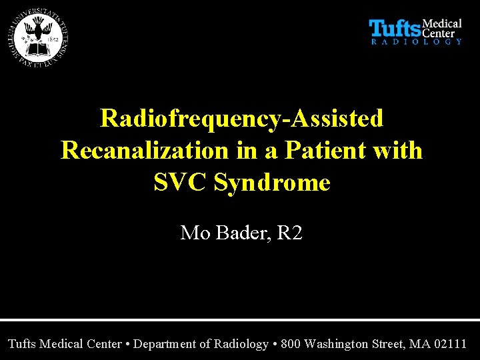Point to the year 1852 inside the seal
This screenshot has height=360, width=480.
pyautogui.click(x=54, y=39)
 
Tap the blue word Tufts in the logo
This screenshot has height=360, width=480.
pyautogui.click(x=395, y=29)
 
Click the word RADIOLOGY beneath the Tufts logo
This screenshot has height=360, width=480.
pyautogui.click(x=416, y=41)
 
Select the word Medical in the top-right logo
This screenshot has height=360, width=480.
pyautogui.click(x=443, y=24)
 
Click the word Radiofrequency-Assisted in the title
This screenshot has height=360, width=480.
pyautogui.click(x=241, y=119)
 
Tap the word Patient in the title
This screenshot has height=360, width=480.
pyautogui.click(x=309, y=150)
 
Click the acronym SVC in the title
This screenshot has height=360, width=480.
pyautogui.click(x=181, y=182)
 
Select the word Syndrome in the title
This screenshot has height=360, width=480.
pyautogui.click(x=272, y=182)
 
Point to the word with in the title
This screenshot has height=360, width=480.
pyautogui.click(x=398, y=150)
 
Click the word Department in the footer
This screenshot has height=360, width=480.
pyautogui.click(x=169, y=344)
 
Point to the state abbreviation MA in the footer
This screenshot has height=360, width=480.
pyautogui.click(x=419, y=344)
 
